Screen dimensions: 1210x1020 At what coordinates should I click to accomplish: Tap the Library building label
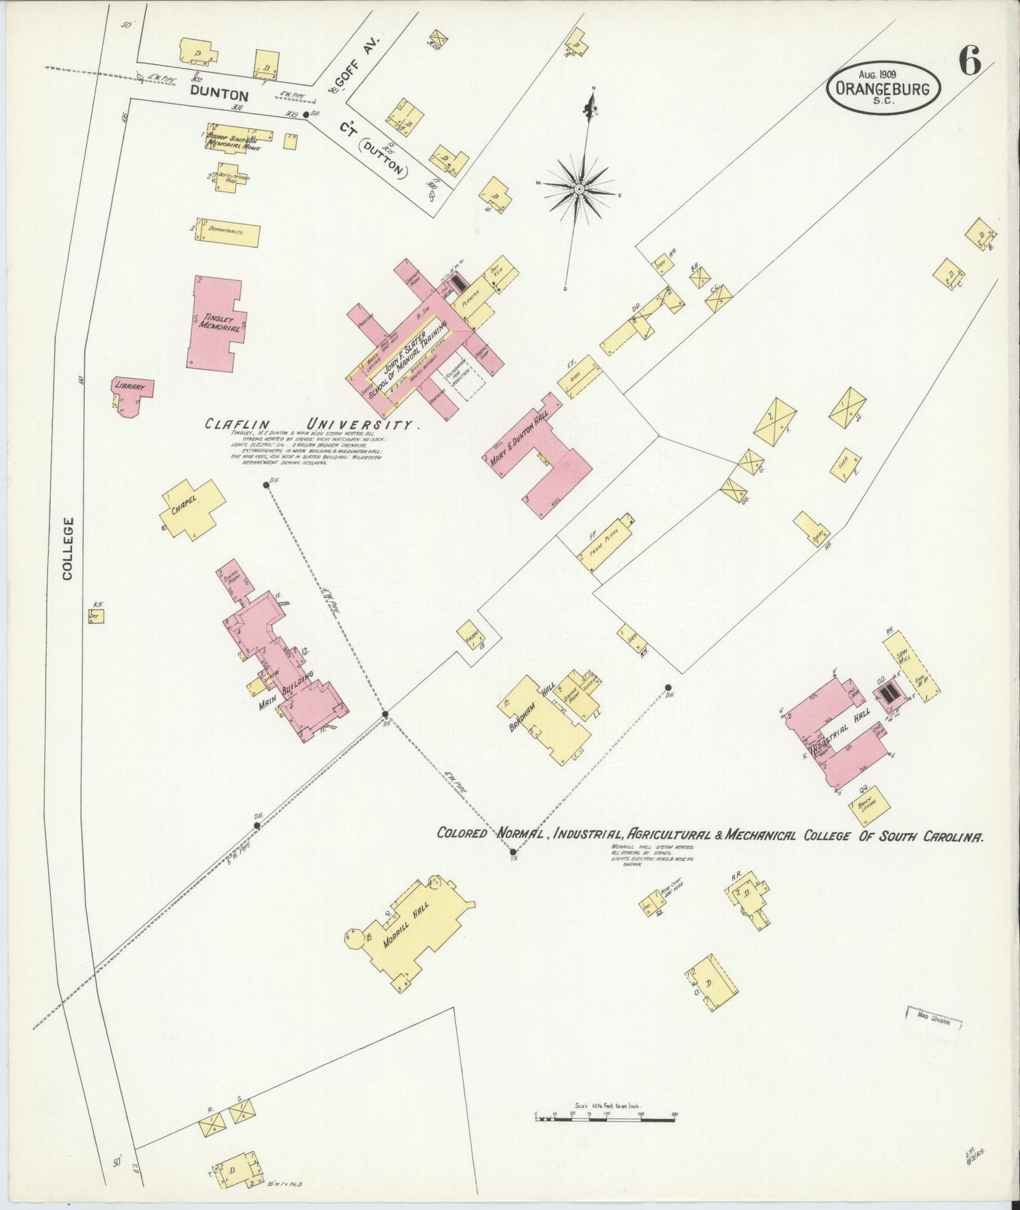pos(131,387)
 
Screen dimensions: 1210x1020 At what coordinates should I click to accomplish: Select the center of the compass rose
pos(579,189)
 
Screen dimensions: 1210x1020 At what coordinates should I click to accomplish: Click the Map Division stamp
pos(933,1022)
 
